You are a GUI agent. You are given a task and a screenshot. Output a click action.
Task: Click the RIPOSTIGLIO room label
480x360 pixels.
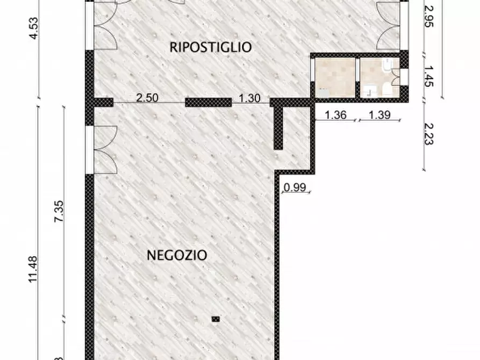pyautogui.click(x=210, y=47)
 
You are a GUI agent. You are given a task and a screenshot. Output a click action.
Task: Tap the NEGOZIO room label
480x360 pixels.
pyautogui.click(x=177, y=255)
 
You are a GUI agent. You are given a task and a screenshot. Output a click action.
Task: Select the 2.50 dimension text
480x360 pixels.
pyautogui.click(x=147, y=98)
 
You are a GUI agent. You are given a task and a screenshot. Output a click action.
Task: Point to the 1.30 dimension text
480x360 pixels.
pyautogui.click(x=249, y=98)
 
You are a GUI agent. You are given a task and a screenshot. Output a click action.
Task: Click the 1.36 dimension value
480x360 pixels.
pyautogui.click(x=335, y=114)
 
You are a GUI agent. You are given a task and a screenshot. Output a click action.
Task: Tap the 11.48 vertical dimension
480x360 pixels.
pyautogui.click(x=33, y=269)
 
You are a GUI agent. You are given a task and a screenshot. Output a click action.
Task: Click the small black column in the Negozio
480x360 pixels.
pyautogui.click(x=216, y=319)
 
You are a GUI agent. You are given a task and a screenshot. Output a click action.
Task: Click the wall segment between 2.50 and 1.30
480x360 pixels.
pyautogui.click(x=209, y=102)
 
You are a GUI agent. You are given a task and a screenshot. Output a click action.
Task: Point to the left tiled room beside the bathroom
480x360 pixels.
pyautogui.click(x=334, y=77)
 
